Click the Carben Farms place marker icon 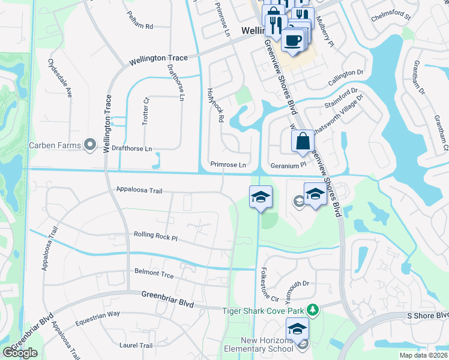click(91, 144)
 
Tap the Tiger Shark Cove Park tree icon click(312, 310)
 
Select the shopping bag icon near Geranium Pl click(303, 142)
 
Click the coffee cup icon click(292, 40)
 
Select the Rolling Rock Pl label click(156, 237)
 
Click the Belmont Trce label click(154, 275)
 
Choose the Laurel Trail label click(136, 345)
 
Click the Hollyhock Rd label click(215, 106)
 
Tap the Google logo click(20, 352)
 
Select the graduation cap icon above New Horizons click(297, 329)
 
